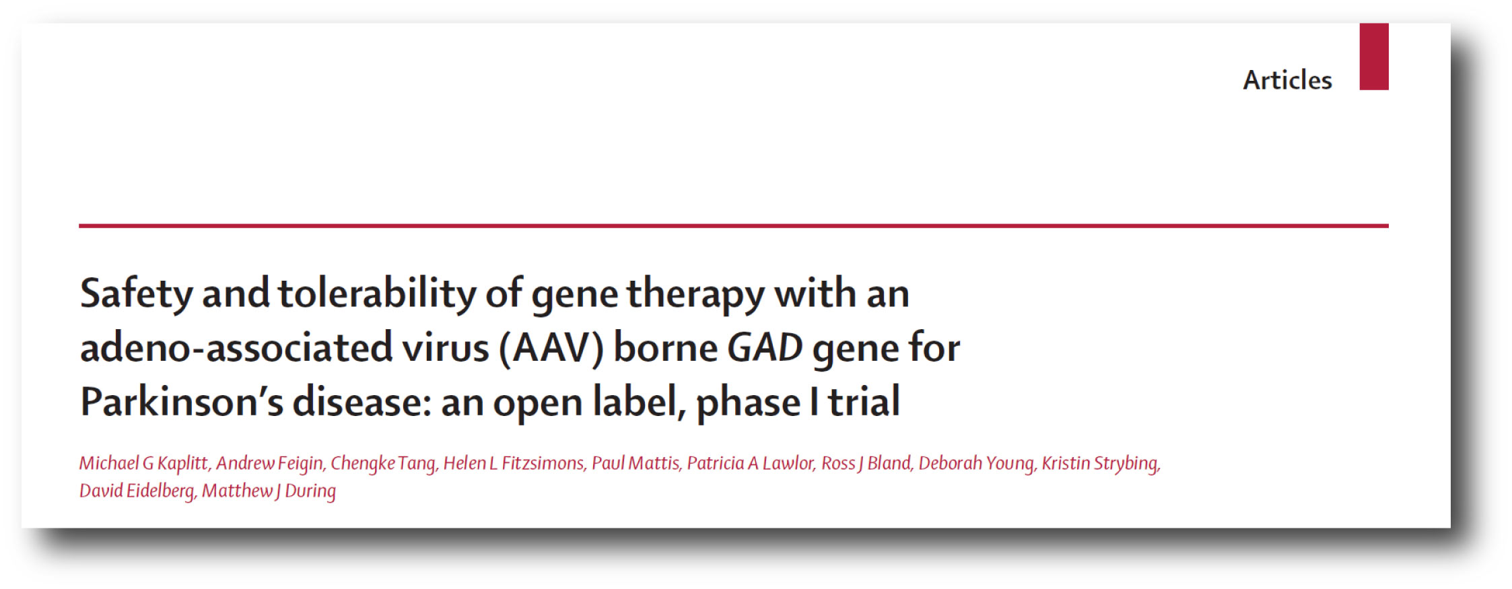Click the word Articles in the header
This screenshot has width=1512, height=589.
point(1287,80)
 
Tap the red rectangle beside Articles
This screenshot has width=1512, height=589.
point(1374,57)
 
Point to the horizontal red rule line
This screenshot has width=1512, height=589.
point(734,226)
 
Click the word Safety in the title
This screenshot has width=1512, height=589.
point(137,294)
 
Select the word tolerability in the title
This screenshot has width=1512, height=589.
point(377,294)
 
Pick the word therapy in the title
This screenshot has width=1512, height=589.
point(696,294)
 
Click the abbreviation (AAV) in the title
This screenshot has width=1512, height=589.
point(551,348)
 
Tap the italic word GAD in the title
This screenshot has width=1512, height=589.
point(765,348)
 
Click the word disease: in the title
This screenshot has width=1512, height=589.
point(362,402)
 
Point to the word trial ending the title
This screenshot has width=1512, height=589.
point(864,402)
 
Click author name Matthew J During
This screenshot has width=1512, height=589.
point(269,491)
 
